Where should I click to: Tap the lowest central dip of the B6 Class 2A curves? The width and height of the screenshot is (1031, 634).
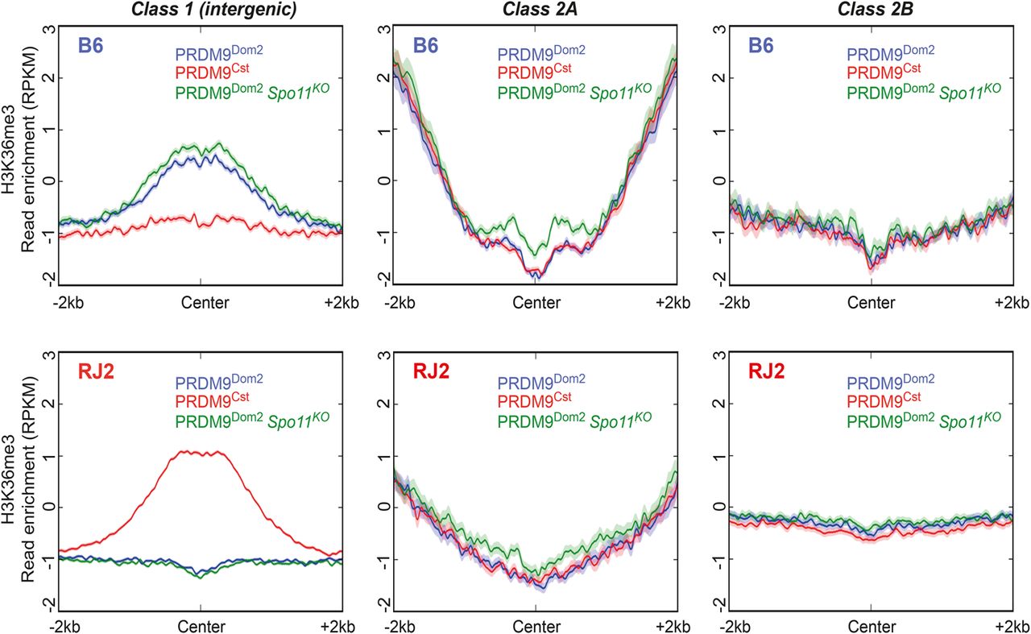pyautogui.click(x=536, y=276)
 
